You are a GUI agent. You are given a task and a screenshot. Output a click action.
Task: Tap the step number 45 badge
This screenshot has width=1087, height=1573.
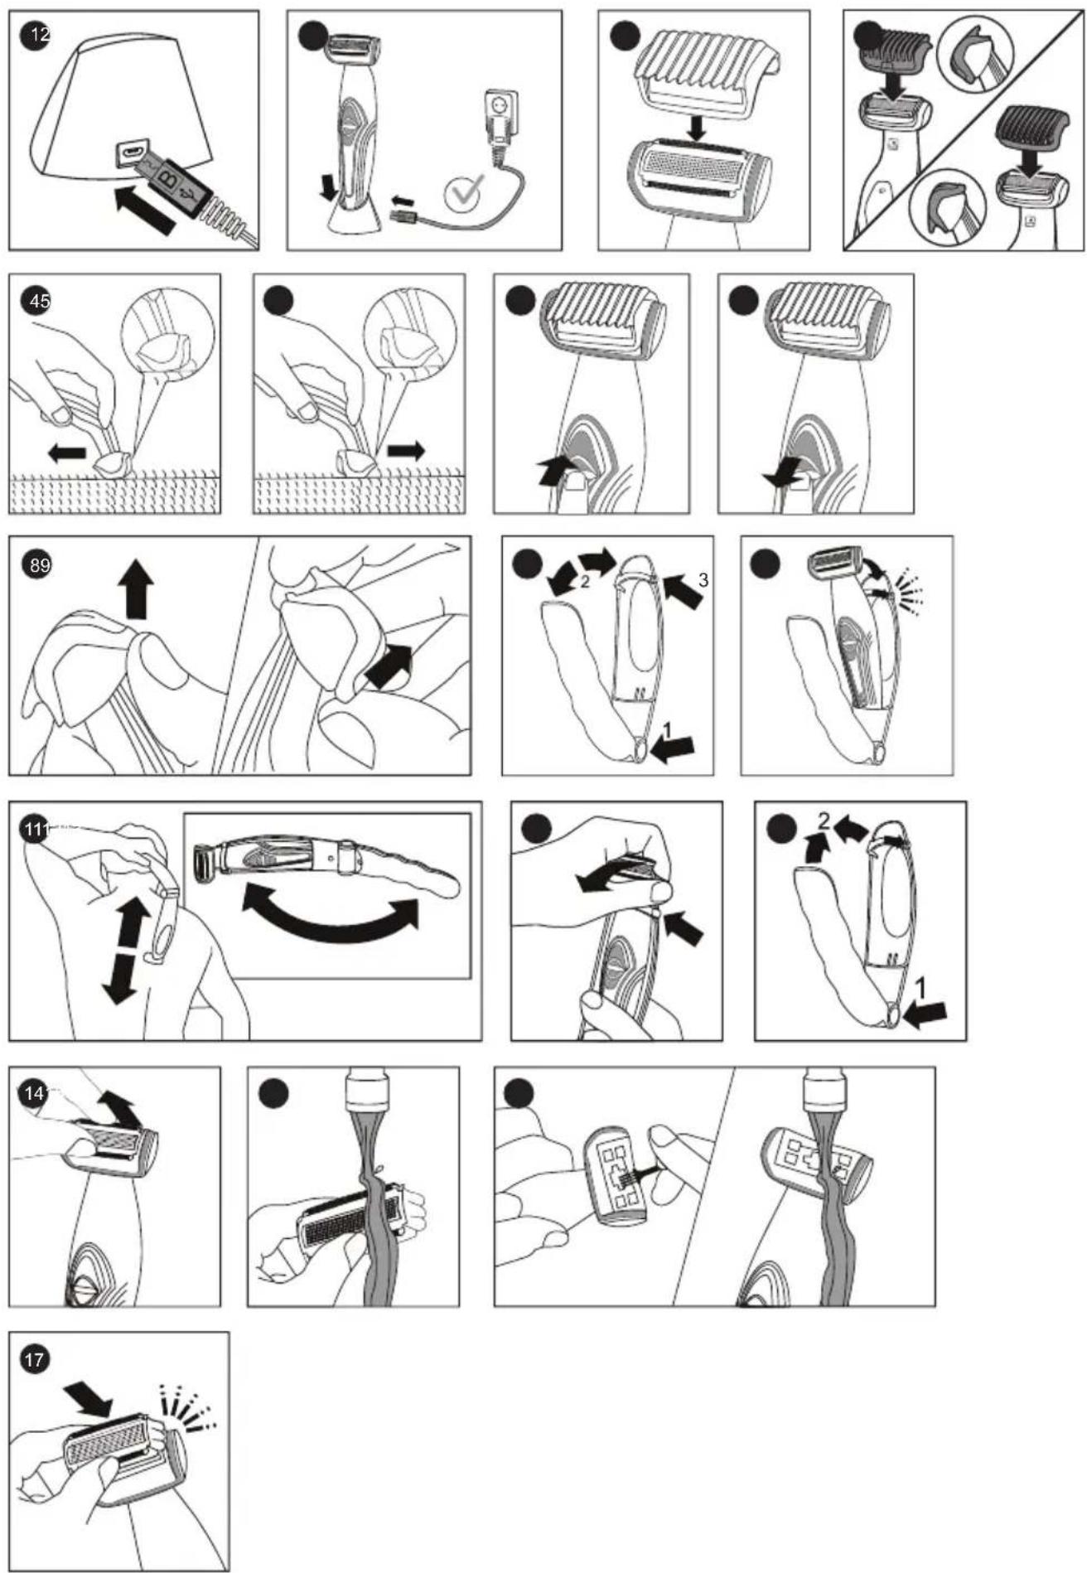click(39, 301)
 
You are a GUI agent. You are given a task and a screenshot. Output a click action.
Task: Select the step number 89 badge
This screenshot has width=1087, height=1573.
click(39, 565)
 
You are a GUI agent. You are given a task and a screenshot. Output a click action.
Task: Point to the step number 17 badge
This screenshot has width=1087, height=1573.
click(35, 1359)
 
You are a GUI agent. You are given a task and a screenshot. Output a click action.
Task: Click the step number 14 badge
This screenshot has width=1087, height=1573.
click(34, 1093)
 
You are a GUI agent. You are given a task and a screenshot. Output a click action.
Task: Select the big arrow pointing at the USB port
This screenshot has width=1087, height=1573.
click(146, 207)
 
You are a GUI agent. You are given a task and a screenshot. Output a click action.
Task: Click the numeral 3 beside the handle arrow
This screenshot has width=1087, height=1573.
click(703, 580)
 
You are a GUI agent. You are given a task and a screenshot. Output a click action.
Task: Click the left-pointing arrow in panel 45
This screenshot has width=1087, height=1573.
click(67, 453)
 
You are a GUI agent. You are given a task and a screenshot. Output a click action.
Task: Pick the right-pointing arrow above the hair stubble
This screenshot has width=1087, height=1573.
click(406, 452)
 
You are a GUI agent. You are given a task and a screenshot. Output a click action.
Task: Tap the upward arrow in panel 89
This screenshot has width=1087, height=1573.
click(135, 588)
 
